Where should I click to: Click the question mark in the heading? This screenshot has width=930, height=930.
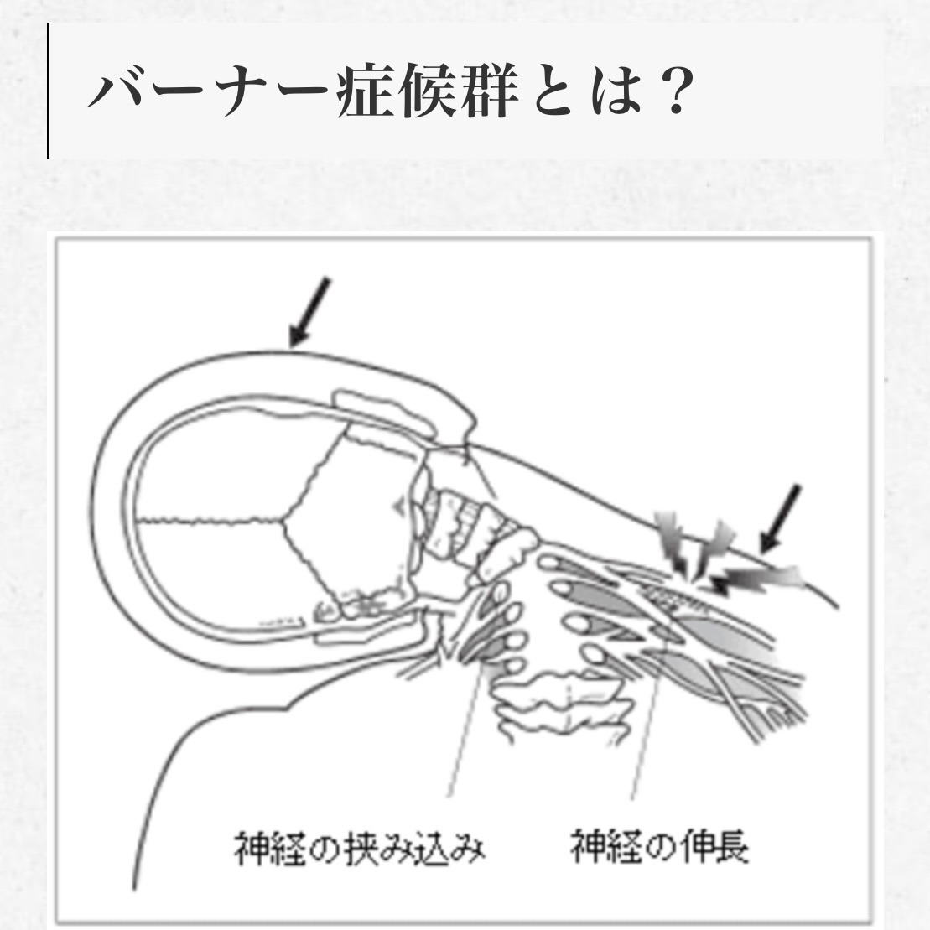(676, 91)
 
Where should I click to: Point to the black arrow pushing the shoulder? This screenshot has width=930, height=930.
(780, 518)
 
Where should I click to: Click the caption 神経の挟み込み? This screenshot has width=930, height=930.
(360, 849)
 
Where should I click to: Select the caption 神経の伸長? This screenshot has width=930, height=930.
(659, 846)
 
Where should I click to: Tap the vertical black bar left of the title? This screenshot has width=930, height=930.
(48, 91)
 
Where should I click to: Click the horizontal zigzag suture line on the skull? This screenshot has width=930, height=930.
(210, 521)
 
